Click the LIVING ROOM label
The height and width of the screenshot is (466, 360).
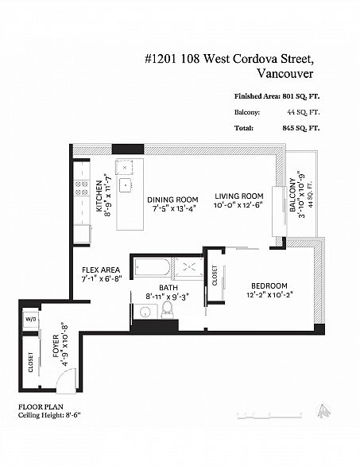pos(238,196)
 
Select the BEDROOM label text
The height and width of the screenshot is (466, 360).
pos(269,286)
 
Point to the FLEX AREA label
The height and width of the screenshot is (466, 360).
pos(101,270)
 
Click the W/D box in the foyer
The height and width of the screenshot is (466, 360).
pos(32,320)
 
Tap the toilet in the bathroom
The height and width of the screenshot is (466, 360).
pos(168,311)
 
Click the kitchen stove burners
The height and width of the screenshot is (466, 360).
pos(81,188)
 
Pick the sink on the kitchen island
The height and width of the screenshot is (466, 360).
pos(125,184)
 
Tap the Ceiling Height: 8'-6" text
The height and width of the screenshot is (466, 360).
pos(49,414)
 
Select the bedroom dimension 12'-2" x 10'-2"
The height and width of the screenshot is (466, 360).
pos(270,294)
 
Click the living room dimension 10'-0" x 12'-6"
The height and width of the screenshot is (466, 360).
pos(238,205)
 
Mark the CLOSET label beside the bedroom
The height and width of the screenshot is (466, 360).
pos(215,277)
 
